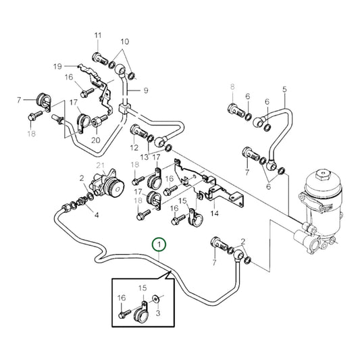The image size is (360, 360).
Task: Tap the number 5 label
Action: (x=284, y=89)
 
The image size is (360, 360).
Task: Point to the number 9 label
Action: (x=145, y=91)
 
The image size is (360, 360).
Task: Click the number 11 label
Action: (x=97, y=35)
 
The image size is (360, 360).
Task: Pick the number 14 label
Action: (x=215, y=213)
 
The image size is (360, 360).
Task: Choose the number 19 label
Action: (x=57, y=66)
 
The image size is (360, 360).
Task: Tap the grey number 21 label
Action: (x=100, y=167)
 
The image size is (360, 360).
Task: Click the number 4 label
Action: (x=96, y=215)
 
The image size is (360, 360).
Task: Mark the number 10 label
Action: (x=124, y=41)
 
